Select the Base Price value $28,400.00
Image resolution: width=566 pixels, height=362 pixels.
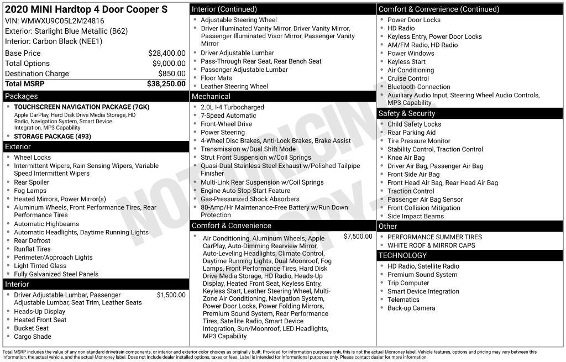[166, 54]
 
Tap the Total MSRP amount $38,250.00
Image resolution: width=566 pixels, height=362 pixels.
[166, 84]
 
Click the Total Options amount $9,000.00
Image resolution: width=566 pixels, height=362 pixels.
[168, 64]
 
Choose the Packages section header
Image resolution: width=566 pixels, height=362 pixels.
[22, 96]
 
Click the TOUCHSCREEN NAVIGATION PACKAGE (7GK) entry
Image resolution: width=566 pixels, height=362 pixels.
[74, 107]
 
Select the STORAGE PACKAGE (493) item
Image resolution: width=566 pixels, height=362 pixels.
[53, 136]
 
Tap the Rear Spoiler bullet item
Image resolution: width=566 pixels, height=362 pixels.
[32, 182]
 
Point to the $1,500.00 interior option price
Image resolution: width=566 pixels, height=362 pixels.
[171, 295]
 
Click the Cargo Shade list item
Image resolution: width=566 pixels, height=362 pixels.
[33, 337]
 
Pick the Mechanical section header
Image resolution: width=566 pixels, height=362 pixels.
[211, 97]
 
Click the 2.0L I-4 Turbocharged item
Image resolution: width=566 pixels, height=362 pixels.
[232, 107]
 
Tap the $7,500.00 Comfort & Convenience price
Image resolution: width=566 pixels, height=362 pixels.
[358, 237]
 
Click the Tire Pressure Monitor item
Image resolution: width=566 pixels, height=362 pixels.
[418, 141]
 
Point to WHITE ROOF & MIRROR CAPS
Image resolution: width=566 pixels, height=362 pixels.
[431, 245]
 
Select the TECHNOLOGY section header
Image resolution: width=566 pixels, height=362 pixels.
[402, 255]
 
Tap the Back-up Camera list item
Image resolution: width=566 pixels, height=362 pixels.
[411, 308]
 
